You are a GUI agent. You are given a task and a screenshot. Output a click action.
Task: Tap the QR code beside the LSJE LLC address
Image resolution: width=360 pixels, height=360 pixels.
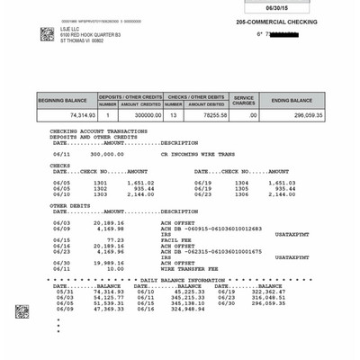47,33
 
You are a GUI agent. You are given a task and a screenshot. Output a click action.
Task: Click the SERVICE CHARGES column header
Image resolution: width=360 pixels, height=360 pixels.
244,100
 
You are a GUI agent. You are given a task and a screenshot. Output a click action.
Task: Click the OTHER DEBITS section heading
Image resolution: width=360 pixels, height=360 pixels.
71,205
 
